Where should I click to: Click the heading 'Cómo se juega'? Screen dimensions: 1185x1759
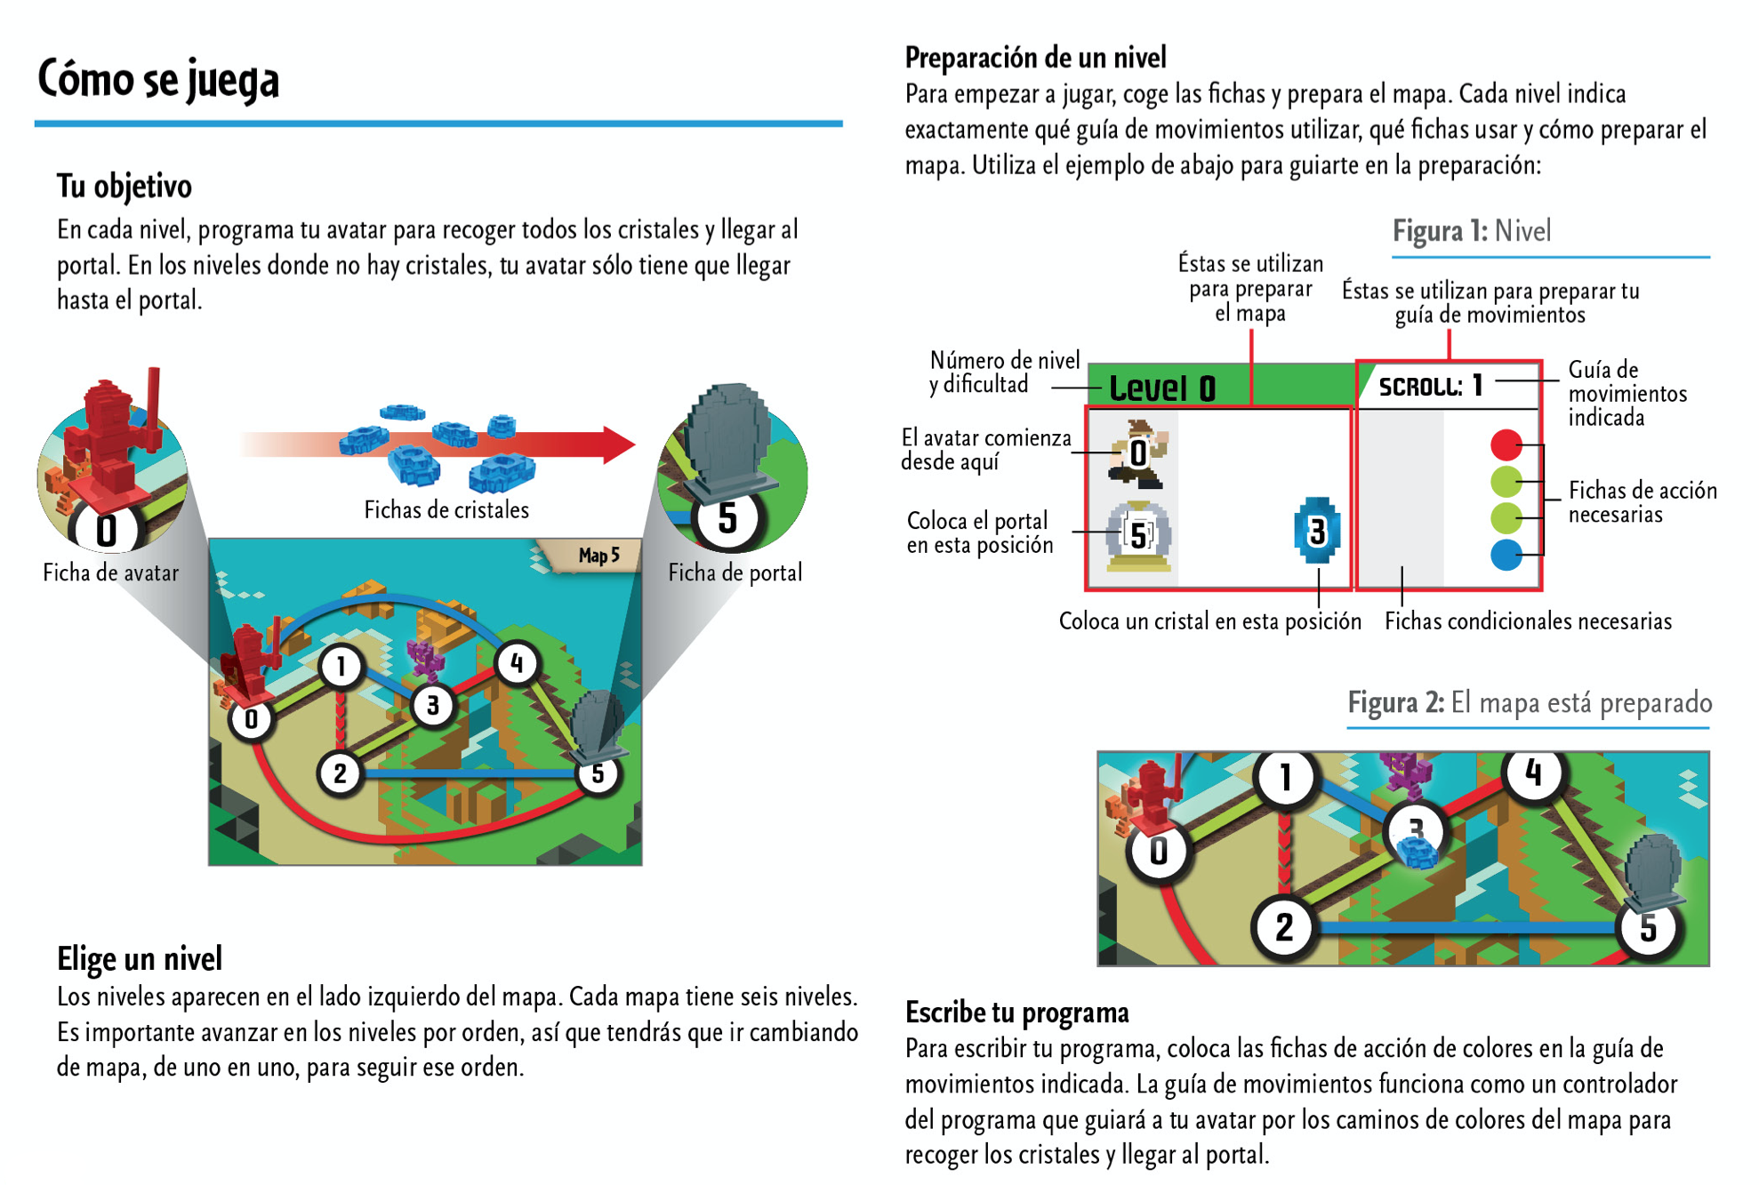pos(158,80)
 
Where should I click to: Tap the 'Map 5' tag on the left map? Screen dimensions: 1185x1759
pos(598,556)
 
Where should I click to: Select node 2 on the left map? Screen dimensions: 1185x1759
pos(340,773)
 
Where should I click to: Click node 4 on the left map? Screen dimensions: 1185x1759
pos(517,663)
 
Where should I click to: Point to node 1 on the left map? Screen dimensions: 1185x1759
pos(341,666)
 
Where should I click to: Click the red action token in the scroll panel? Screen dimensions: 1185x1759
pos(1506,444)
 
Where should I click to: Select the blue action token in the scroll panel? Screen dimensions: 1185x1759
pos(1506,555)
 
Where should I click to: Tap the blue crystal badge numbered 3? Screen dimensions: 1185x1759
pos(1317,532)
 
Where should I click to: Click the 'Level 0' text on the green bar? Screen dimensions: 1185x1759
pos(1161,388)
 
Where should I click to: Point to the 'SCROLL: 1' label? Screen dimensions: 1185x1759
pos(1430,386)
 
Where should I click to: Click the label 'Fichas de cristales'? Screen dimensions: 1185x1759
pos(446,509)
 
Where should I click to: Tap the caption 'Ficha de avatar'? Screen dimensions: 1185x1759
pos(111,572)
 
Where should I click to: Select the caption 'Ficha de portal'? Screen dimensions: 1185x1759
pos(735,572)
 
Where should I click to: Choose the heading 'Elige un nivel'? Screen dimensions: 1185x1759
pos(140,958)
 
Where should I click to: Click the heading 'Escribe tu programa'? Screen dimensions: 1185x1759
pos(1016,1013)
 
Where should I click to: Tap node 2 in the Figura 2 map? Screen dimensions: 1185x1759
pos(1284,927)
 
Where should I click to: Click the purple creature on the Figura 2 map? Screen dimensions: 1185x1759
pos(1406,773)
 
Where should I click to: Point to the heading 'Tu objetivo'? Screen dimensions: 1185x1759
pos(124,186)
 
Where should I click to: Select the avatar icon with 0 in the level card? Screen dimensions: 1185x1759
pos(1137,453)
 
